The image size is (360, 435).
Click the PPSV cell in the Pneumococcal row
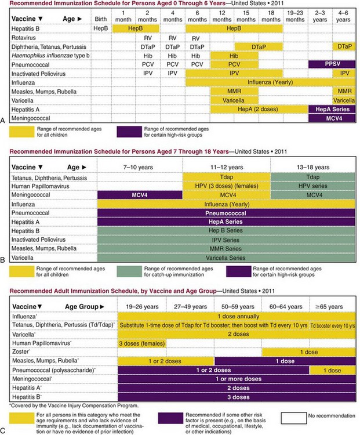332,64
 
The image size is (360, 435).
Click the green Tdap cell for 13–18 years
313,176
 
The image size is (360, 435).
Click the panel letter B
4,262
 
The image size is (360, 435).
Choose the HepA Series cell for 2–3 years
332,109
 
